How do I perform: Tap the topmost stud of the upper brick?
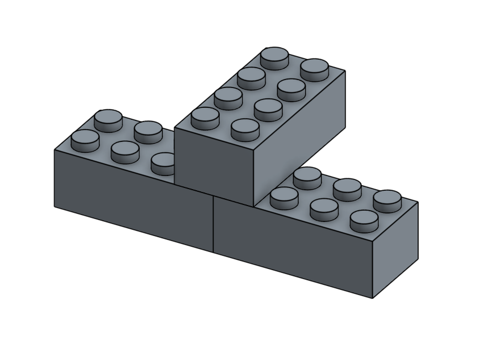(274, 57)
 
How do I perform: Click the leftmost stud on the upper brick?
(205, 117)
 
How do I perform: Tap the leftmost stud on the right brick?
(284, 197)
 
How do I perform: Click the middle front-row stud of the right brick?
(324, 208)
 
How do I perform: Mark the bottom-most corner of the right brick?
(372, 298)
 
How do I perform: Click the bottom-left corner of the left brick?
(55, 206)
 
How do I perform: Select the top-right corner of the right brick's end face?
(418, 202)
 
